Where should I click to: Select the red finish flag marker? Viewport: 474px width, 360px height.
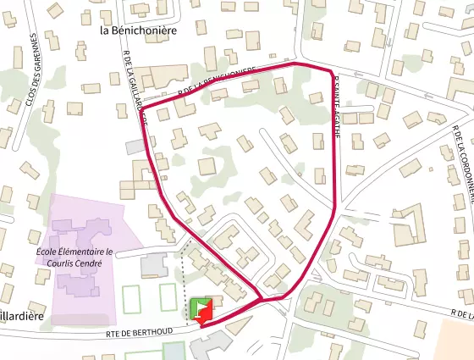(x=206, y=313)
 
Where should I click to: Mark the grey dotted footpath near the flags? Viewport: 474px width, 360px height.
(x=182, y=280)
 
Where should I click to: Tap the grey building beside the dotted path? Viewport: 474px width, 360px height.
(x=153, y=264)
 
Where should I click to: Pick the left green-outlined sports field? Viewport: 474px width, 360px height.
(x=131, y=300)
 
